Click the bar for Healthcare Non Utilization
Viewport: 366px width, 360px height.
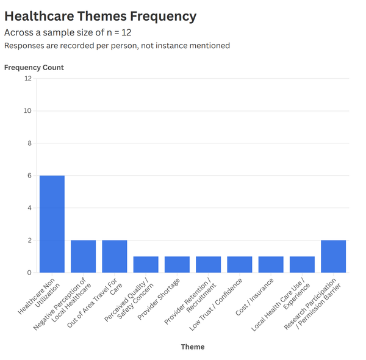(52, 224)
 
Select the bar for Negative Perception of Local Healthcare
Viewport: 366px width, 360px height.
(84, 256)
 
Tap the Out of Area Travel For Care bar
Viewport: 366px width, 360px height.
(115, 256)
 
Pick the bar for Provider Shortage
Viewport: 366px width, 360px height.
(177, 265)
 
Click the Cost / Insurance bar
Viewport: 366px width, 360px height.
(271, 265)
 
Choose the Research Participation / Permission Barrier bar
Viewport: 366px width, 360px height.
(334, 256)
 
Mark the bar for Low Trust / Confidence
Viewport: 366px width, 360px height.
(240, 265)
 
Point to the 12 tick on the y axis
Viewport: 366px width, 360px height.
(28, 79)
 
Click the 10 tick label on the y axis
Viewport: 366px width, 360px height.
(27, 111)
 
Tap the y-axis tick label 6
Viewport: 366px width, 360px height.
(29, 176)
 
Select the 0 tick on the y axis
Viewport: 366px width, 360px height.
(29, 273)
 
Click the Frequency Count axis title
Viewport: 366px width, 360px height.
(34, 68)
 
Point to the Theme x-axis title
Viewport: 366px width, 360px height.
(193, 347)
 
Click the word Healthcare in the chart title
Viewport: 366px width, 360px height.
(39, 16)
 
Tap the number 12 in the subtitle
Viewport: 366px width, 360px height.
(126, 33)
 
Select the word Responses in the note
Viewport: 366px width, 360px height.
(24, 46)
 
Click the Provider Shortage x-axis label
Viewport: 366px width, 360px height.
(159, 299)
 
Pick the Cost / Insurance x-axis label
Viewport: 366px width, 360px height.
(254, 297)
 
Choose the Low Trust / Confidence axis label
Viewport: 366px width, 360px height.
(216, 304)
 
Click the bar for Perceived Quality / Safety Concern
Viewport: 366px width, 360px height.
(146, 265)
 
